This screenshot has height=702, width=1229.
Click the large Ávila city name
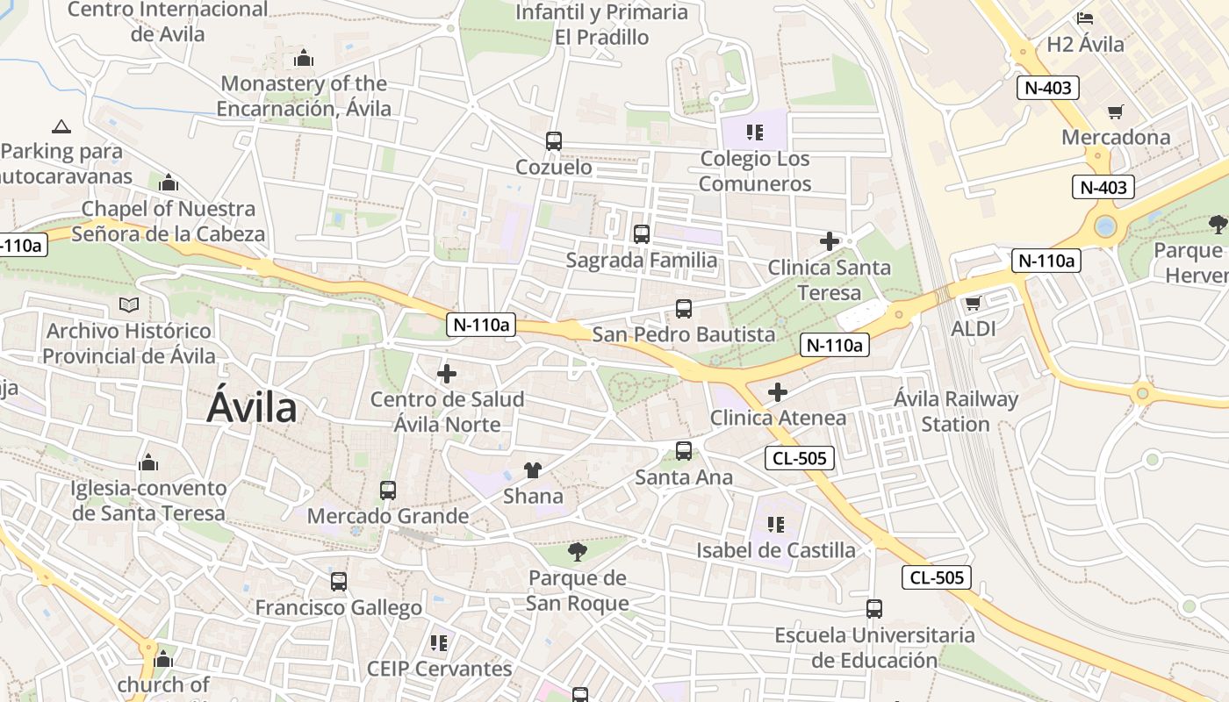coord(252,409)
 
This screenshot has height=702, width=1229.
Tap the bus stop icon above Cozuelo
coord(553,140)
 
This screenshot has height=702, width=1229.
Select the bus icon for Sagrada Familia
coord(642,234)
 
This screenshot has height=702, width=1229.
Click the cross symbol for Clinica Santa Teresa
coord(830,241)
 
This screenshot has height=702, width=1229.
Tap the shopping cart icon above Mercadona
coord(1115,111)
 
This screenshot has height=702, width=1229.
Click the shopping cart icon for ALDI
coord(973,304)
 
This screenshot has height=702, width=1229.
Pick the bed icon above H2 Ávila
coord(1085,18)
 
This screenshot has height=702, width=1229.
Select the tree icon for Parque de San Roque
coord(577,552)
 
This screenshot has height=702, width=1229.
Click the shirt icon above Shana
coord(533,470)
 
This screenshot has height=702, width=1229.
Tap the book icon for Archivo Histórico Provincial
coord(129,305)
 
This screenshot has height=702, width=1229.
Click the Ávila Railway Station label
coord(955,412)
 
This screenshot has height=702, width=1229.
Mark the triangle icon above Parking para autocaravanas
coord(61,126)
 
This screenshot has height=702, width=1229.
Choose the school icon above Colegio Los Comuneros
coord(754,133)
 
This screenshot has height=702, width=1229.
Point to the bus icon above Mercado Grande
coord(388,491)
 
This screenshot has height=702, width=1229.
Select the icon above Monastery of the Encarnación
coord(304,59)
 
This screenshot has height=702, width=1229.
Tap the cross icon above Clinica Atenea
coord(778,392)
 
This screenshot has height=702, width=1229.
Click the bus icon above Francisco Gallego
coord(339,581)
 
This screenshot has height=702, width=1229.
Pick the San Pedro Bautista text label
coord(684,334)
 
